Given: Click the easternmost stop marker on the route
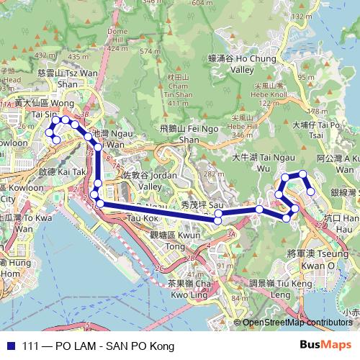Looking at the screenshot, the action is (311, 192).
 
